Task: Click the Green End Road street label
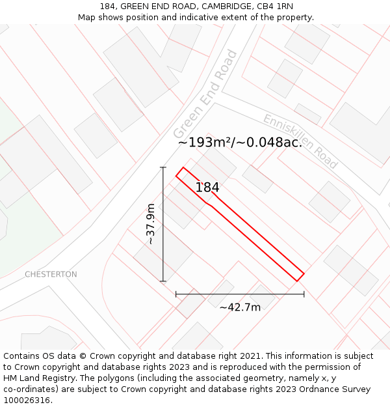coord(205,94)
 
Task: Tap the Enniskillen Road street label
coord(300,141)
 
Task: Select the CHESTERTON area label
coord(51,274)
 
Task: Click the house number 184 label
coord(207,188)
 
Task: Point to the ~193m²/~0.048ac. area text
coord(240,142)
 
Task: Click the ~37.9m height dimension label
coord(151,224)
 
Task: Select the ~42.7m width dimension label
coord(240,307)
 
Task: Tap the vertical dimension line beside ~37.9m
coord(163,224)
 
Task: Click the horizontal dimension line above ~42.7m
coord(240,294)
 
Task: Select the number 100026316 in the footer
coord(25,400)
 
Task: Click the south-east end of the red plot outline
coord(300,277)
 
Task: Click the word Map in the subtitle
coord(87,17)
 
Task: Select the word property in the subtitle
coord(293,17)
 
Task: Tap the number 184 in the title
coord(108,6)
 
